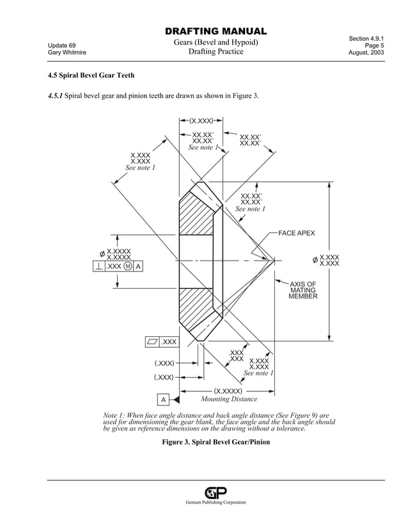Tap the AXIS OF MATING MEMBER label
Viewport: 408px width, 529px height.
(302, 290)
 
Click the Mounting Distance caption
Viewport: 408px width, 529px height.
(228, 399)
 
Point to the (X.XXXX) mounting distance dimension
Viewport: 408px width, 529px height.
(228, 391)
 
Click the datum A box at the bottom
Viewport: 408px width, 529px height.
(163, 400)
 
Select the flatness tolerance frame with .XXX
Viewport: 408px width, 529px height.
(161, 342)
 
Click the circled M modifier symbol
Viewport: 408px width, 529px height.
(128, 266)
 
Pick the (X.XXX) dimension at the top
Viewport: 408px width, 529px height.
(201, 120)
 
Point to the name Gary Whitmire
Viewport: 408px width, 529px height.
(67, 53)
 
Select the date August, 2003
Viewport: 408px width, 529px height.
(366, 53)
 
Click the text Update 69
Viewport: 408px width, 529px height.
(62, 45)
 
